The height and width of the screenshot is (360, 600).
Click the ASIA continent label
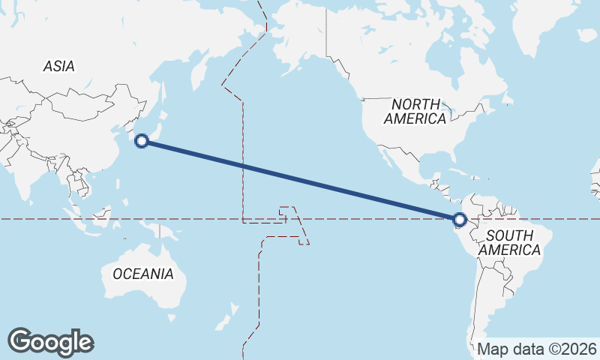pyautogui.click(x=58, y=66)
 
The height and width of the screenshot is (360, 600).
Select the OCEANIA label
pyautogui.click(x=143, y=274)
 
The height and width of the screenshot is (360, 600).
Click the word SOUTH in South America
pyautogui.click(x=509, y=236)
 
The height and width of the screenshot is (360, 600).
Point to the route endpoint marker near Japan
pyautogui.click(x=142, y=140)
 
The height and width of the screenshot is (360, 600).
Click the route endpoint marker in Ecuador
pyautogui.click(x=460, y=220)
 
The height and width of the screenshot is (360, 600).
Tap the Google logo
pyautogui.click(x=50, y=341)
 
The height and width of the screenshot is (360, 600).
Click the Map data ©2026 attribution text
pyautogui.click(x=538, y=349)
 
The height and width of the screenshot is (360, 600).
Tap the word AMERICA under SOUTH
pyautogui.click(x=509, y=250)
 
